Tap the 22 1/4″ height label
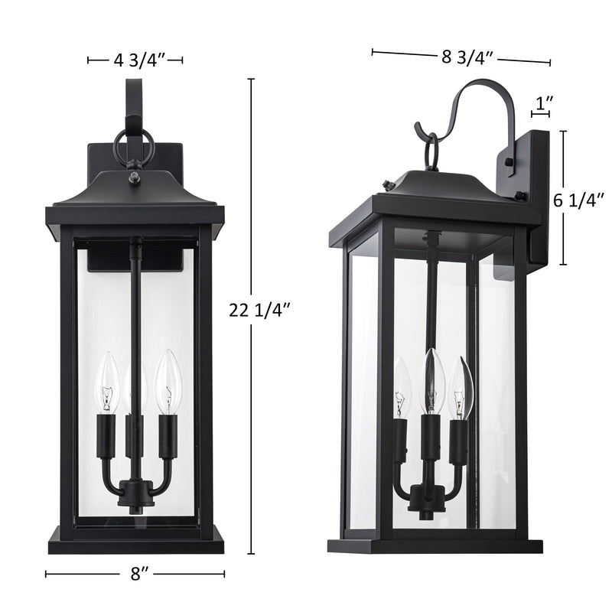259,311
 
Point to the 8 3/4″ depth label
467,57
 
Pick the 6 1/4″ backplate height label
579,200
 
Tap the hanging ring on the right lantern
432,151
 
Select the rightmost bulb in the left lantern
168,381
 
